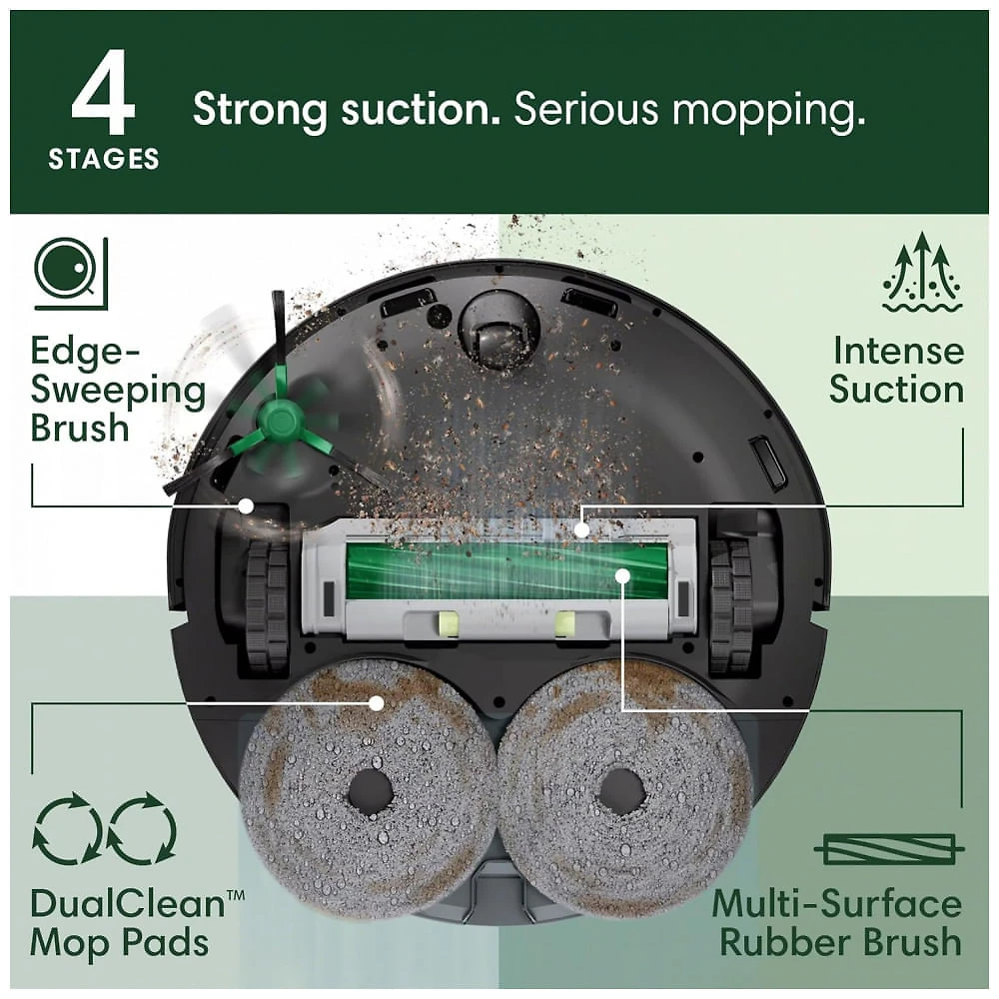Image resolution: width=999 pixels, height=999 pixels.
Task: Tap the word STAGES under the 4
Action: tap(104, 159)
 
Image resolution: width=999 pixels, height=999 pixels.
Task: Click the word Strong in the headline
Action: tap(260, 111)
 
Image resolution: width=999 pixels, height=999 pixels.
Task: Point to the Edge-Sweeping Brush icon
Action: tap(71, 274)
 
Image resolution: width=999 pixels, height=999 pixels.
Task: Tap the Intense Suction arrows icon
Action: tap(922, 272)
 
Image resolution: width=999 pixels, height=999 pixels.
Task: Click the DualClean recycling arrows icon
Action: tap(105, 828)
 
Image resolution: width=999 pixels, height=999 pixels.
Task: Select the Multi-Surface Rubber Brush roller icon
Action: tap(889, 848)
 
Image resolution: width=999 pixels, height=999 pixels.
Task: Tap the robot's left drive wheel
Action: tap(268, 606)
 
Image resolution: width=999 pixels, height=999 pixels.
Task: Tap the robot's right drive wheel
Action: tap(731, 606)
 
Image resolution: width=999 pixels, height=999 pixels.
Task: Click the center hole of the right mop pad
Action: tap(620, 792)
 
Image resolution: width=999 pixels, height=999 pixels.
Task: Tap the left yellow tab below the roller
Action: tap(446, 623)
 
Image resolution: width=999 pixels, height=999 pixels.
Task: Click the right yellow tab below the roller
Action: tap(565, 623)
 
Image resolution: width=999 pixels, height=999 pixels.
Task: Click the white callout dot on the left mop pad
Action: tap(377, 703)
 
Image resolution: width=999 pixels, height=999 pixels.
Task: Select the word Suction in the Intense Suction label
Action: tap(896, 389)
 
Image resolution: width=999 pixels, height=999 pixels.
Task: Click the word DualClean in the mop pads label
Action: tap(128, 904)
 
